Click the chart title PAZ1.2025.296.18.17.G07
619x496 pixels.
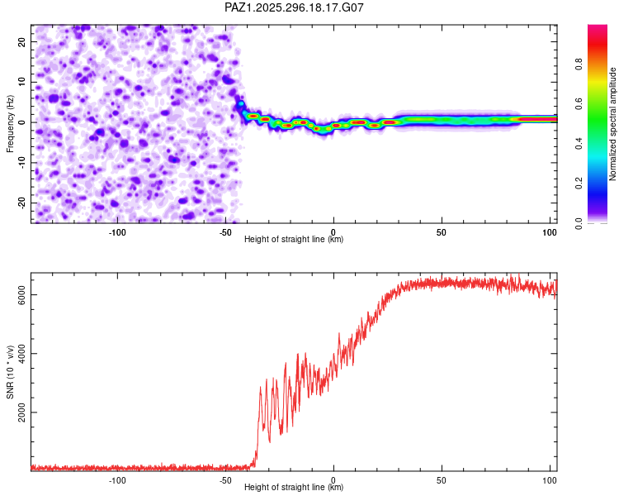tap(295, 7)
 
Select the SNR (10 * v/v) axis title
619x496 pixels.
tap(10, 372)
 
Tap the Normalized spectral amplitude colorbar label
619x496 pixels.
tap(613, 124)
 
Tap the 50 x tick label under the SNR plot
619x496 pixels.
tap(442, 479)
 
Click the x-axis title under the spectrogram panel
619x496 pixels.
tap(294, 240)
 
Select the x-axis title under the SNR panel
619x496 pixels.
tap(294, 488)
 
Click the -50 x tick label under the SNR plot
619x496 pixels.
tap(224, 479)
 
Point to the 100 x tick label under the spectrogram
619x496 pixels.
tap(550, 231)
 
